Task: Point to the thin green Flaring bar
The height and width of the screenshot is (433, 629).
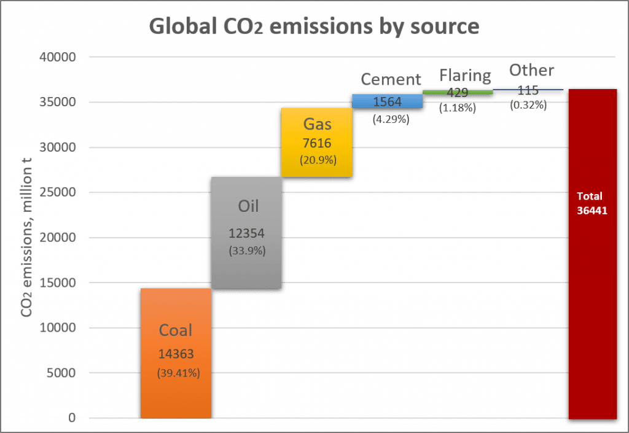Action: click(x=458, y=92)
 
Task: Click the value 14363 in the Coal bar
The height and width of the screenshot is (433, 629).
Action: click(x=176, y=354)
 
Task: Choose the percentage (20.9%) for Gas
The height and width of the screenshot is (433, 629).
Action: click(x=317, y=160)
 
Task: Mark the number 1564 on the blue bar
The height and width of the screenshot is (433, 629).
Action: click(x=387, y=102)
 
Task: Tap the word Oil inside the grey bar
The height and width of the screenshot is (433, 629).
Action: click(x=248, y=206)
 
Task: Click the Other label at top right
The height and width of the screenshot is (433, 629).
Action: click(x=531, y=71)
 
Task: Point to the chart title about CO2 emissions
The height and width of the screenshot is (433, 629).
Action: click(x=314, y=27)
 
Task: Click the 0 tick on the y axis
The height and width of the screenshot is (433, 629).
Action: click(x=72, y=418)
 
